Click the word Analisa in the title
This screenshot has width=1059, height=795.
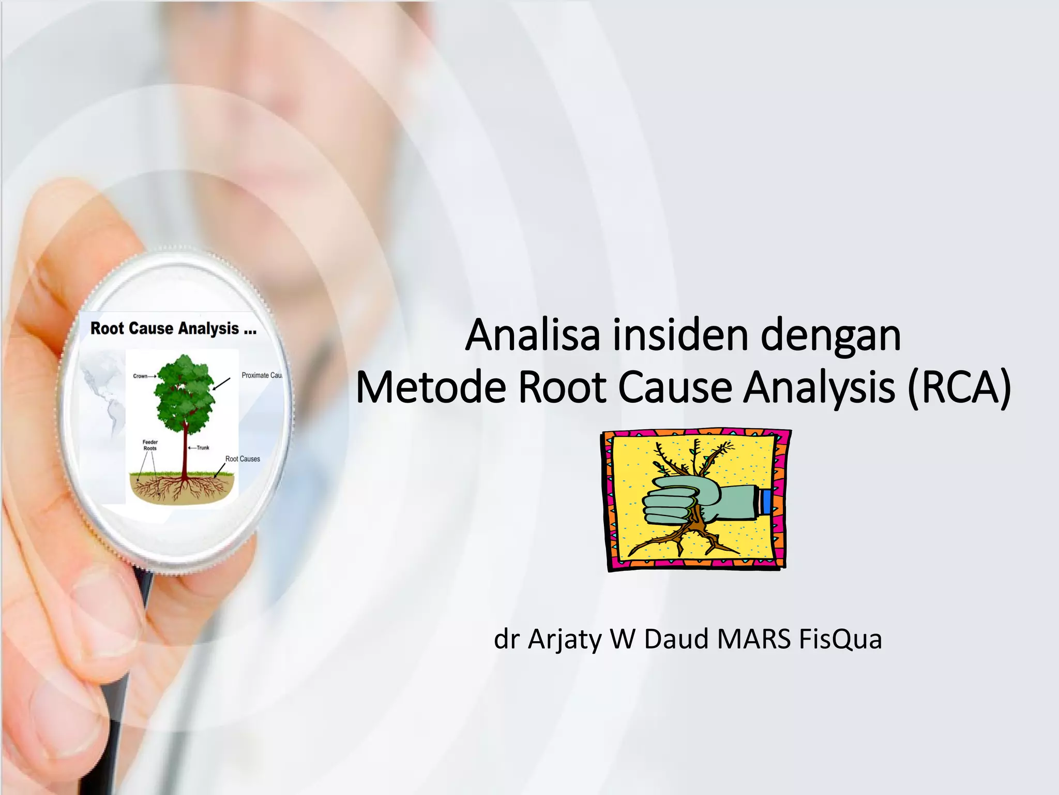(x=533, y=335)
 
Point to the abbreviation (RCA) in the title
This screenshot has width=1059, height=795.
(x=959, y=389)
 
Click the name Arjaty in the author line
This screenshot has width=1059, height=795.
(x=565, y=640)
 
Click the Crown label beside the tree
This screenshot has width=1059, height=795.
(x=141, y=376)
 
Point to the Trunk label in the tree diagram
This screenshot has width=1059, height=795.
(x=203, y=448)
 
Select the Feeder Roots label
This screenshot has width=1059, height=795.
(x=150, y=445)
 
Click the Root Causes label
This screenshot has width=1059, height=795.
(x=243, y=459)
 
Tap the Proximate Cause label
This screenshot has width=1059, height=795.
(x=262, y=375)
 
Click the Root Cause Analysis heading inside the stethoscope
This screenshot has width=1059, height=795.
(x=173, y=329)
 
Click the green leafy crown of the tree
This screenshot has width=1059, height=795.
(x=185, y=393)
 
